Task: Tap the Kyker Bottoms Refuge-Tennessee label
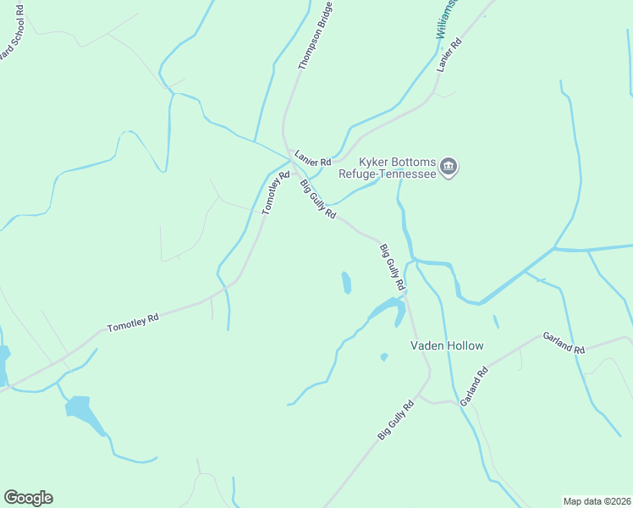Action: point(397,168)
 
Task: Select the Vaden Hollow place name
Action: point(447,345)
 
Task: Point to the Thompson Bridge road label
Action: point(315,36)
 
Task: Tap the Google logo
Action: point(28,498)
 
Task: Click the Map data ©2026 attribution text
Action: point(597,500)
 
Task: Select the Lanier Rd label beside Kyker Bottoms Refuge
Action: point(312,158)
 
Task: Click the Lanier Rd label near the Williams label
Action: point(449,54)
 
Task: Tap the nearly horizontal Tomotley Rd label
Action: point(133,323)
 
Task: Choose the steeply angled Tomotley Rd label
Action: point(275,192)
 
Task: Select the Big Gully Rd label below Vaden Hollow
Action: point(396,419)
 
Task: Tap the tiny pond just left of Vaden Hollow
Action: point(383,356)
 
